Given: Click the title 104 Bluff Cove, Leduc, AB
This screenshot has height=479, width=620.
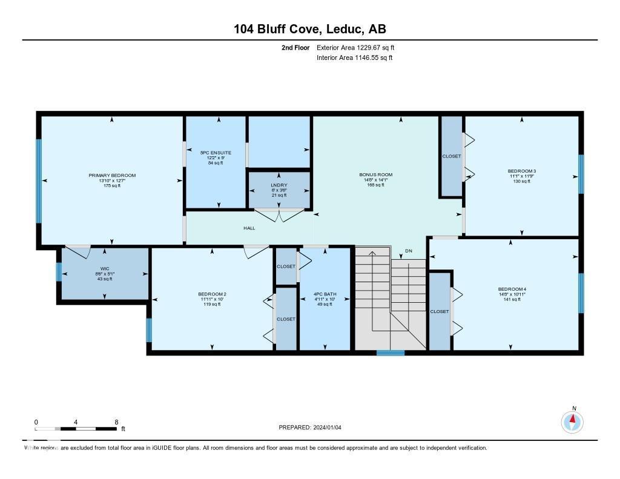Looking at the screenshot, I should pyautogui.click(x=309, y=29).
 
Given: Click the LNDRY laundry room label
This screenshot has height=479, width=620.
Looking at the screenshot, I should pyautogui.click(x=280, y=185).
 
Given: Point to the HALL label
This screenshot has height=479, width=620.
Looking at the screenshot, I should pyautogui.click(x=249, y=228).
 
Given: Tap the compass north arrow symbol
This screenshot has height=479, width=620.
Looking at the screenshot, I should pyautogui.click(x=572, y=421).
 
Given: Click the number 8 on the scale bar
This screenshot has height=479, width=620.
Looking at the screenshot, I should pyautogui.click(x=116, y=421).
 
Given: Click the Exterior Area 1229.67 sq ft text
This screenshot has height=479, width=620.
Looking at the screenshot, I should pyautogui.click(x=355, y=47).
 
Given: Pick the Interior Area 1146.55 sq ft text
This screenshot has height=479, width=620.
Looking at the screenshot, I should pyautogui.click(x=354, y=58).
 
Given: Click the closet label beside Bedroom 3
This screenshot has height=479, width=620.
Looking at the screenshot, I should pyautogui.click(x=451, y=156).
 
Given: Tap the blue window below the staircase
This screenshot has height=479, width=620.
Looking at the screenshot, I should pyautogui.click(x=390, y=352).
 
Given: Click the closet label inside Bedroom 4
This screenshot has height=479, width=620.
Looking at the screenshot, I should pyautogui.click(x=439, y=311).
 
